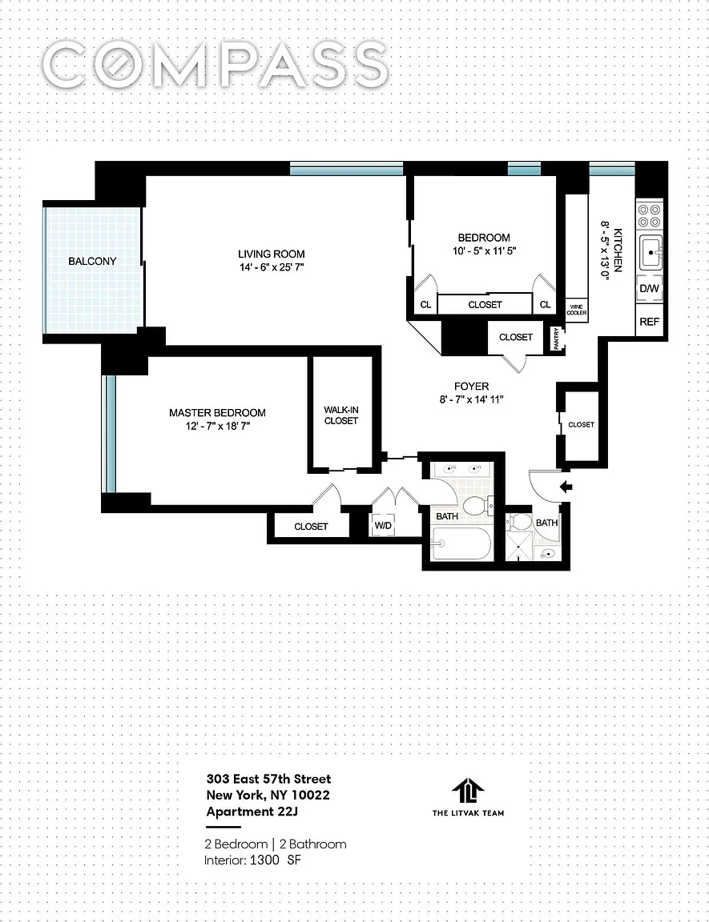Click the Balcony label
pyautogui.click(x=92, y=261)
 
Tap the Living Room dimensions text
pyautogui.click(x=272, y=267)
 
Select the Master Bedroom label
pyautogui.click(x=217, y=413)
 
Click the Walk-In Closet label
pyautogui.click(x=341, y=415)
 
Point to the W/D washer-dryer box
pyautogui.click(x=383, y=525)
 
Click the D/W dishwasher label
pyautogui.click(x=650, y=289)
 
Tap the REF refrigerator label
pyautogui.click(x=650, y=322)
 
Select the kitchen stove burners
pyautogui.click(x=649, y=215)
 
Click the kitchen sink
pyautogui.click(x=651, y=252)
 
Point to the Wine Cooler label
pyautogui.click(x=577, y=310)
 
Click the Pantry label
pyautogui.click(x=557, y=339)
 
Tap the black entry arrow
pyautogui.click(x=566, y=487)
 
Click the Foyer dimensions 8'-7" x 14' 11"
pyautogui.click(x=471, y=399)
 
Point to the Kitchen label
pyautogui.click(x=618, y=250)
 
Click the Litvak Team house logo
pyautogui.click(x=468, y=793)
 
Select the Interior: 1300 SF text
pyautogui.click(x=252, y=860)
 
